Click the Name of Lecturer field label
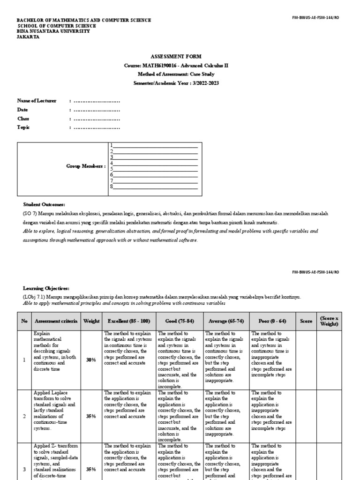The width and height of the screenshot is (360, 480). [x=37, y=101]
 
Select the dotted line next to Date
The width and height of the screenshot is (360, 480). [x=97, y=110]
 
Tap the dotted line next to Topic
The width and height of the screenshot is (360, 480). [x=97, y=127]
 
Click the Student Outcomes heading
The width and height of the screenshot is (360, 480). [x=45, y=205]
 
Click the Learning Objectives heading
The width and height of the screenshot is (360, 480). [x=46, y=288]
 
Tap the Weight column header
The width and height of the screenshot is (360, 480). [x=91, y=321]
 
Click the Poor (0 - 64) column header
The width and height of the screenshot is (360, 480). [x=273, y=321]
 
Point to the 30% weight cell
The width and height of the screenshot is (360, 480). [x=91, y=360]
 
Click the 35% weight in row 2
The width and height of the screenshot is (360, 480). [x=91, y=416]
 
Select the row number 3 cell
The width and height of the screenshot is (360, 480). [x=24, y=469]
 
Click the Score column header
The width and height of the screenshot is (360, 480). [x=306, y=321]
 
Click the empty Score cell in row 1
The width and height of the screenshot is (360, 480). [x=306, y=360]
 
